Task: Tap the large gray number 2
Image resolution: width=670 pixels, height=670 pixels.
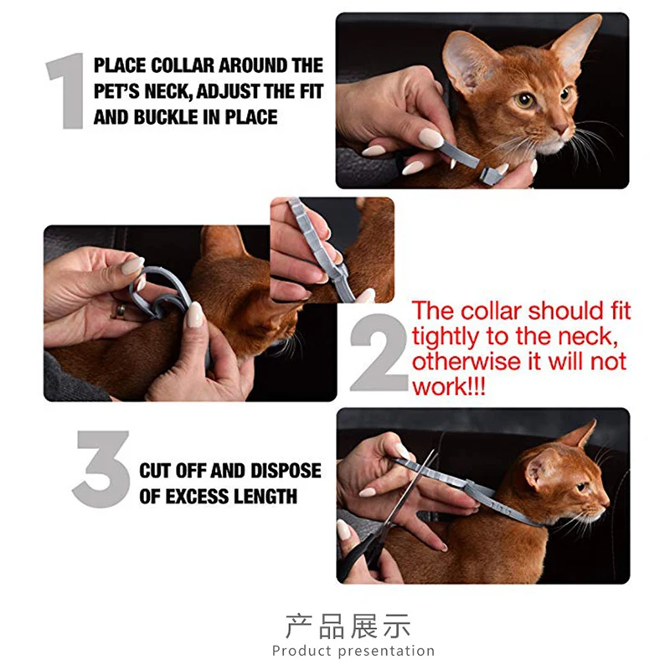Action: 379,352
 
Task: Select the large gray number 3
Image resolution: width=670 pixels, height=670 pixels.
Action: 101,469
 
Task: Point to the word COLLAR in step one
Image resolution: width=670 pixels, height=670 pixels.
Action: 183,65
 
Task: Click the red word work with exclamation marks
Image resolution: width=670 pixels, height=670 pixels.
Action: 449,387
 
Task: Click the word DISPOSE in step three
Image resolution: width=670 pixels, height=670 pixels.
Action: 286,471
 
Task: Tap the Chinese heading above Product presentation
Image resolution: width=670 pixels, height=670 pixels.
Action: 348,626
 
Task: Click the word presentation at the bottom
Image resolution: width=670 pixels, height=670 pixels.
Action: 386,652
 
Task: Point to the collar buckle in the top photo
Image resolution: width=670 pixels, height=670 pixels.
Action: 491,174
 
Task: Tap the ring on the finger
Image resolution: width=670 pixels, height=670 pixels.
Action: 120,312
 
